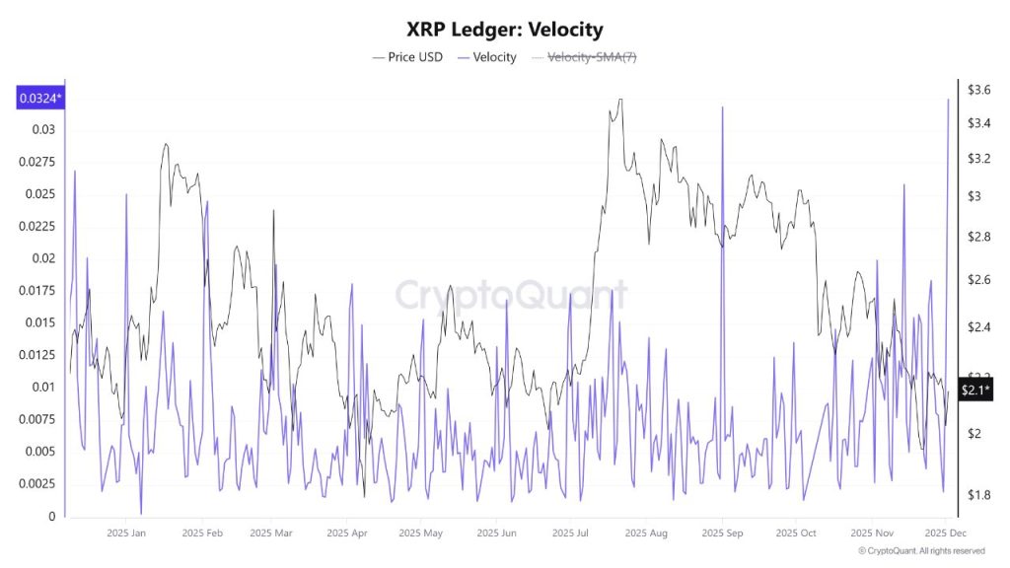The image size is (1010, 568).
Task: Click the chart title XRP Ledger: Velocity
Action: (505, 30)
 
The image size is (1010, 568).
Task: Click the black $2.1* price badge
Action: (974, 390)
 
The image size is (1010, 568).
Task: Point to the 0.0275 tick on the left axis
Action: (39, 162)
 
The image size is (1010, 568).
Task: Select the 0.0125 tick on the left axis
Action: (39, 355)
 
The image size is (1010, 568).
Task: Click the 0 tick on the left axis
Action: (51, 517)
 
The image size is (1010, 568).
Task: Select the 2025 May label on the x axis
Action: (421, 533)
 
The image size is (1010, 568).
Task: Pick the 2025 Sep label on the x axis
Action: (722, 533)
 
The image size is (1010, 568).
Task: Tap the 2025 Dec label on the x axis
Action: (944, 533)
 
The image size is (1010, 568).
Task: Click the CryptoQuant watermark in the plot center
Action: (511, 295)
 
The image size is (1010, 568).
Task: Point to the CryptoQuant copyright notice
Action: (920, 551)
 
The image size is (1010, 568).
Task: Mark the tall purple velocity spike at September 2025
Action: (722, 108)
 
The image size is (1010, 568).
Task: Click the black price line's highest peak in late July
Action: (618, 100)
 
